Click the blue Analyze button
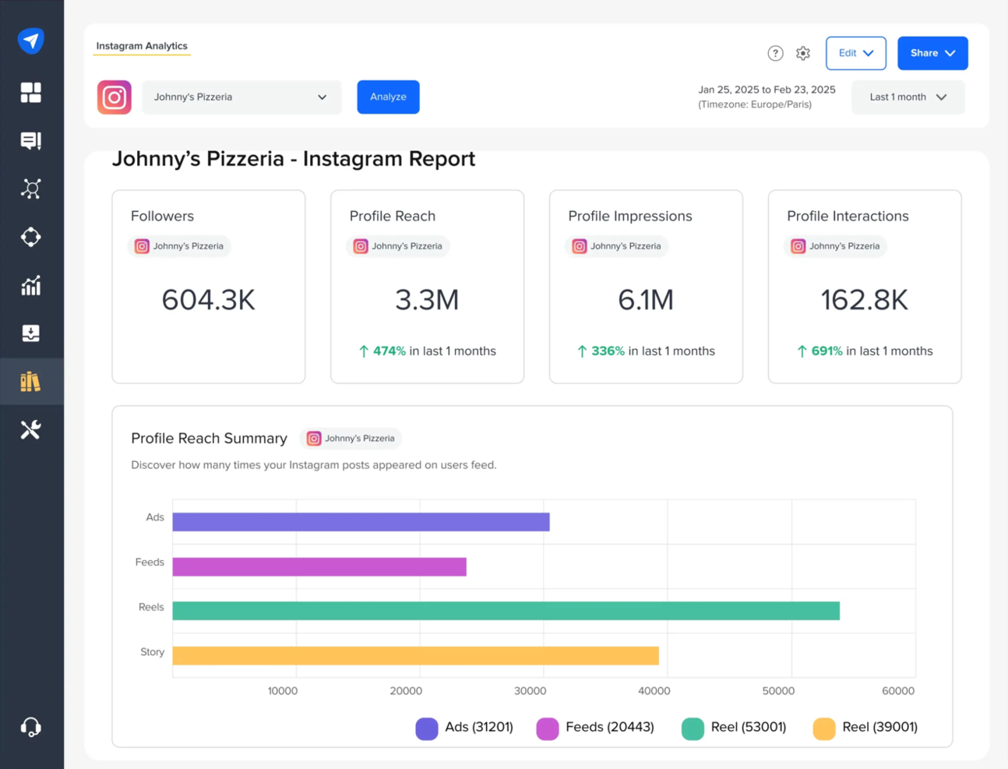[388, 97]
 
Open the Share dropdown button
[932, 53]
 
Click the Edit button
[855, 53]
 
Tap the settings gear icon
[803, 53]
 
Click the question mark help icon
[775, 53]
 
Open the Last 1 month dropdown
[908, 97]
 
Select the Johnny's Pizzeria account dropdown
[241, 97]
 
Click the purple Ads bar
[361, 522]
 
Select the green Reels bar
[506, 611]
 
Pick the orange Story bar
[415, 655]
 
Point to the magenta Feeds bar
[319, 566]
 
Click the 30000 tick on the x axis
[530, 691]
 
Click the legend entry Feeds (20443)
[596, 728]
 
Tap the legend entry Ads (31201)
[465, 728]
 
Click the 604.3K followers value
[208, 300]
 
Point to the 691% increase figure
[826, 351]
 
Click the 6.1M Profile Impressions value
[645, 300]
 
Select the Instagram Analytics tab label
[142, 46]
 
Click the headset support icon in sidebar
[31, 727]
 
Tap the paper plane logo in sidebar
[31, 41]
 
